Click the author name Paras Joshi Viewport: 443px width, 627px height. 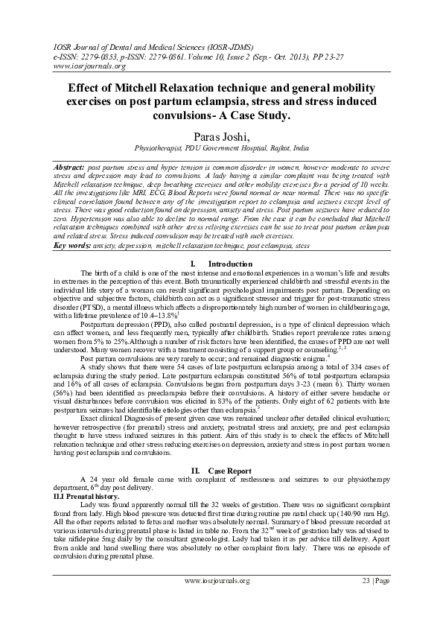point(221,136)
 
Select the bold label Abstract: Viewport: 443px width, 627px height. point(71,162)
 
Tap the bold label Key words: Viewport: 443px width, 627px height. point(72,245)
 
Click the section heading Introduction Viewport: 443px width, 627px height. point(230,264)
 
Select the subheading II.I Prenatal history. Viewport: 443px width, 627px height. point(86,495)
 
